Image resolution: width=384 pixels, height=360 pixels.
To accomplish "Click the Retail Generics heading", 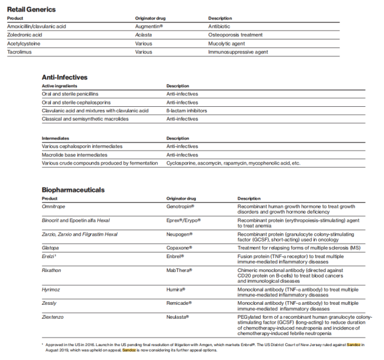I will click(x=32, y=9).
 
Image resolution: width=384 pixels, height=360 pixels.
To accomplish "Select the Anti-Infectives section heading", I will click(x=64, y=77).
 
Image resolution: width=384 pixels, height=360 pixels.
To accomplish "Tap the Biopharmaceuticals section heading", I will click(x=73, y=189).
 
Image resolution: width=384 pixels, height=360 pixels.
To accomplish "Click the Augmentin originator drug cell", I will click(x=149, y=27).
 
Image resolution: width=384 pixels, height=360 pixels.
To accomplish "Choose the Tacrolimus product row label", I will click(x=19, y=52).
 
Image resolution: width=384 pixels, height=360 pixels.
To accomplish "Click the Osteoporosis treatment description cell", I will click(x=235, y=35).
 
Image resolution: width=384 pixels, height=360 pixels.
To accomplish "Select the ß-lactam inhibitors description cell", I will click(x=187, y=110).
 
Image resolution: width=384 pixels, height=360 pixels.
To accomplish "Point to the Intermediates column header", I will click(x=55, y=138).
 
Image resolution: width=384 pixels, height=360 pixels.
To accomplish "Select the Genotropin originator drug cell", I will click(x=184, y=206).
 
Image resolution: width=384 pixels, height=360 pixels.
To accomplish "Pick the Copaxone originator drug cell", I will click(x=180, y=248).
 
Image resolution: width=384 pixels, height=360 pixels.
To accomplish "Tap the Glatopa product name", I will click(x=51, y=248).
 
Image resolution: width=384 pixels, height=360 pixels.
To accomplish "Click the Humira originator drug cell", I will click(x=176, y=290).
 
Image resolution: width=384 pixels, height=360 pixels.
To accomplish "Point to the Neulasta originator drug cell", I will click(x=178, y=317).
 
